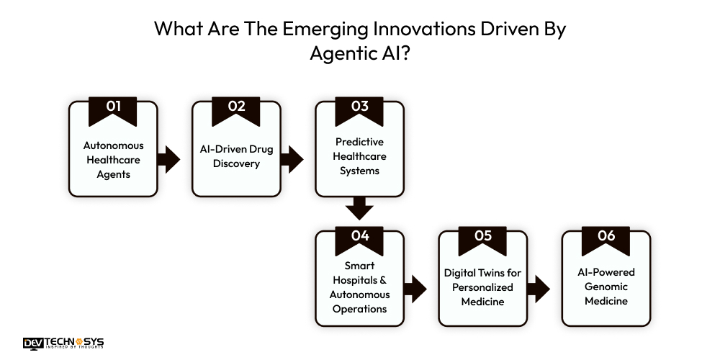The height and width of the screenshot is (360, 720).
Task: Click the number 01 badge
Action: pos(113,107)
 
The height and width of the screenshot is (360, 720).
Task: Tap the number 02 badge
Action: pos(236,107)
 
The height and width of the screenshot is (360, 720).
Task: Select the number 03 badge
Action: pos(359,107)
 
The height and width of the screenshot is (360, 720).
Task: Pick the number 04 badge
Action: pos(359,235)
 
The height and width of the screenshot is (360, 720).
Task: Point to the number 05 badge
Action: pos(482,235)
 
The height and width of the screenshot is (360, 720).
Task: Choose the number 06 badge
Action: pos(606,235)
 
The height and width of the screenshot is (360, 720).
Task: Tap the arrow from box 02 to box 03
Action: pos(292,159)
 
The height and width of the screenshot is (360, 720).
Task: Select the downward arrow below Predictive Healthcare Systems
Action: pos(359,209)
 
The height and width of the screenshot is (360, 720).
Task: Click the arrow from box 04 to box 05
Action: pos(415,290)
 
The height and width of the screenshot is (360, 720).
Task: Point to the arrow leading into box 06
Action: pos(538,290)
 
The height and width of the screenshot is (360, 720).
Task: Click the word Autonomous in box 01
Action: pos(113,145)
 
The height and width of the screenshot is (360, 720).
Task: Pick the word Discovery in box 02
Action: pos(236,163)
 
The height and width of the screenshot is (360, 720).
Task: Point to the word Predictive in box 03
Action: pos(359,141)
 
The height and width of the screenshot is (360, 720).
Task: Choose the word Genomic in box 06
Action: pos(606,287)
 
